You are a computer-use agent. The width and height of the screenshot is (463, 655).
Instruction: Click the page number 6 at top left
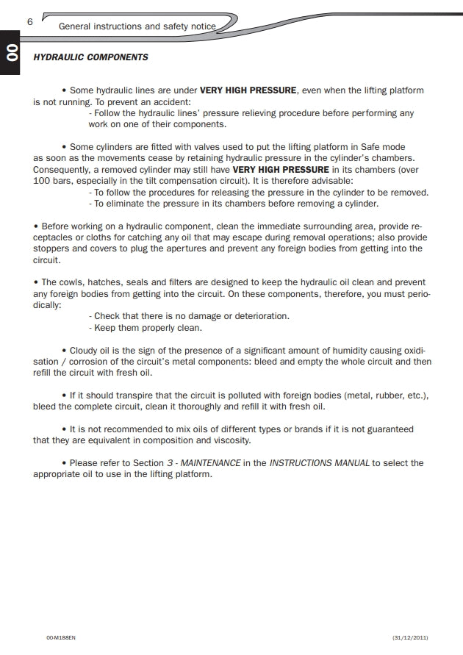tap(30, 21)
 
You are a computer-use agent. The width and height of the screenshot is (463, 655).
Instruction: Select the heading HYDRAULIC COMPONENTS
tap(90, 57)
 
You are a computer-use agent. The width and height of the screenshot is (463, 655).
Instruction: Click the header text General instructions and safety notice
tap(137, 26)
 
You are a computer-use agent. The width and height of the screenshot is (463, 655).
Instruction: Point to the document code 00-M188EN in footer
tap(60, 637)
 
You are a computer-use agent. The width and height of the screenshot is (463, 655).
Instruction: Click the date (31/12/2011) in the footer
tap(410, 637)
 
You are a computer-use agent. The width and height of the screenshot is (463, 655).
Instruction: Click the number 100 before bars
tap(42, 181)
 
